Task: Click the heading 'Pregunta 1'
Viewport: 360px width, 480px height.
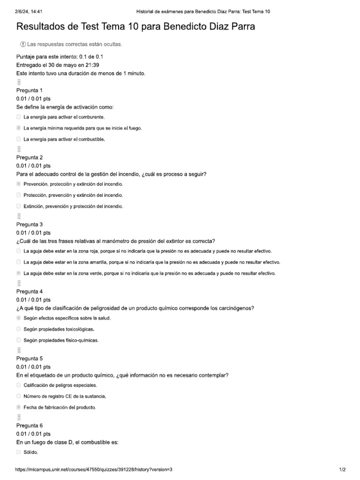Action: click(29, 90)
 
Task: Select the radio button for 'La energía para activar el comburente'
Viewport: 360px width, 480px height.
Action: click(18, 117)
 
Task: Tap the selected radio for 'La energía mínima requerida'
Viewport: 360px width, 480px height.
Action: click(18, 128)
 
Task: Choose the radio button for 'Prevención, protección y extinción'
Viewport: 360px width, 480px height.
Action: click(18, 184)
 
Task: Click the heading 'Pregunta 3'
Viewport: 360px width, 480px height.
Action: click(29, 224)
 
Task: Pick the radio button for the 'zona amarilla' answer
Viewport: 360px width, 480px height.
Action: click(18, 262)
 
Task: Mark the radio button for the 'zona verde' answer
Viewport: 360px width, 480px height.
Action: click(18, 273)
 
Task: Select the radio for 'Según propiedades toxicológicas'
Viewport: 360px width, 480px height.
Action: click(18, 329)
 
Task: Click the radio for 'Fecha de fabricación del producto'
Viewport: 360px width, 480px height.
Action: click(18, 407)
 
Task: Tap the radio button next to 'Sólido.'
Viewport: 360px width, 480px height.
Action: click(18, 452)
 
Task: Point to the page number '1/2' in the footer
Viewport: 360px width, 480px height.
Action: click(342, 469)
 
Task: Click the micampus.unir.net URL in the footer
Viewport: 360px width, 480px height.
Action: click(94, 469)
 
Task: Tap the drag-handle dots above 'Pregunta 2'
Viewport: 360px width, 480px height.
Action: click(19, 149)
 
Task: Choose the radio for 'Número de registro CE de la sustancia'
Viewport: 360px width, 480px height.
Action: click(18, 396)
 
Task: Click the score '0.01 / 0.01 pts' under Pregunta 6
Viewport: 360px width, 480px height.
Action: click(33, 434)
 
